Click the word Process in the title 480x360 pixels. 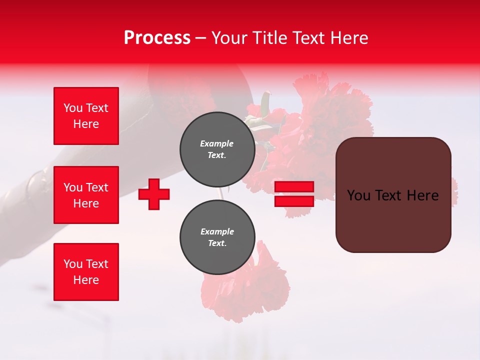[x=157, y=38]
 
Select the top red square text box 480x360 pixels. [x=86, y=116]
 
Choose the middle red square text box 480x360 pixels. [x=86, y=195]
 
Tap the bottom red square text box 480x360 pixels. [x=86, y=272]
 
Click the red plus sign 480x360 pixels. [x=154, y=194]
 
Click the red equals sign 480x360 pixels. [x=294, y=194]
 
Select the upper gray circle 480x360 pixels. [x=217, y=149]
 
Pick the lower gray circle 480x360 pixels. [x=217, y=237]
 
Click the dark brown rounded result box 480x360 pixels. [x=393, y=195]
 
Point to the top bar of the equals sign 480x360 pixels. [x=294, y=187]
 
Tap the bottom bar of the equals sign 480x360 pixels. [x=294, y=201]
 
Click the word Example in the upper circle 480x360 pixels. [x=217, y=143]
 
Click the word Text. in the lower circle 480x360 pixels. [x=217, y=243]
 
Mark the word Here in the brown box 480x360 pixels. [x=422, y=195]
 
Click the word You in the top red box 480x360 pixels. [x=73, y=108]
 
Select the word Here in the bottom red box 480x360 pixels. [x=86, y=280]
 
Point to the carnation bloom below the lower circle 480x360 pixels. [x=245, y=290]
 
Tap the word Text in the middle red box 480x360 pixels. [x=97, y=187]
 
